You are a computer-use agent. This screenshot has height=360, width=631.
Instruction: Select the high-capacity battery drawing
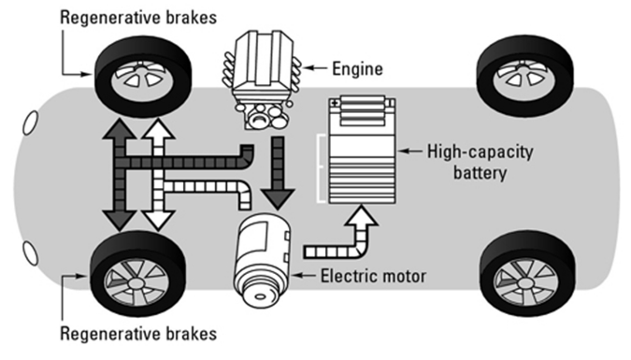tap(362, 150)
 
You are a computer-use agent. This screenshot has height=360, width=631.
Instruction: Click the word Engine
tap(357, 69)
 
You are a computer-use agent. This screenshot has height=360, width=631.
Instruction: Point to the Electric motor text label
tap(373, 276)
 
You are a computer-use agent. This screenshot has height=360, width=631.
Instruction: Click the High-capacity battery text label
tap(480, 163)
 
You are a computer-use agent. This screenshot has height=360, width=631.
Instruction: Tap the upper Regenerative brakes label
tap(138, 18)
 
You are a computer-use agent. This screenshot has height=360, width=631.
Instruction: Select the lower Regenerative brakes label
tap(138, 334)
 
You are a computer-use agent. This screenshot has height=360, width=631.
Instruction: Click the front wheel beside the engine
tap(143, 78)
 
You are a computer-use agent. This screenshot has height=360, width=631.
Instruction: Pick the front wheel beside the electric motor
tap(137, 274)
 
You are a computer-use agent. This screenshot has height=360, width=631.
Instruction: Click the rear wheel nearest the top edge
tap(524, 76)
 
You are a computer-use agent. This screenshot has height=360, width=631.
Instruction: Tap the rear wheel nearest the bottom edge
tap(528, 274)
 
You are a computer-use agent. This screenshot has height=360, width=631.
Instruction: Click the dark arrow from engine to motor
tap(278, 173)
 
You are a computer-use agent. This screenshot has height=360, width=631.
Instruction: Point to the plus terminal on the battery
tap(335, 103)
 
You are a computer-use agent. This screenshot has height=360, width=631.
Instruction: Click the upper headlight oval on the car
tap(30, 122)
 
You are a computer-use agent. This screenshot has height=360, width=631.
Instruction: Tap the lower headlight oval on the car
tap(30, 252)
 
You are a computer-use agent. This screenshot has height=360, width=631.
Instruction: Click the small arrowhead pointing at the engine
tap(308, 68)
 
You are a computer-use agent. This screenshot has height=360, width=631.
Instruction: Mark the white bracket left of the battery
tap(321, 168)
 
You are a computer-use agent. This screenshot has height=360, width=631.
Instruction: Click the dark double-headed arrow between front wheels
tap(120, 175)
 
